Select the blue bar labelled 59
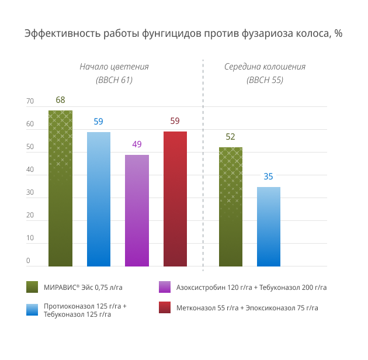coord(99,199)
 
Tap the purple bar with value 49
coord(137,210)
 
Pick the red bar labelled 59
coord(175,199)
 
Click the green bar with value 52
coord(230,207)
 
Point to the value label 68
coord(60,100)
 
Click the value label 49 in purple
coord(137,144)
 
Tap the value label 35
coord(268,176)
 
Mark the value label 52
coord(230,137)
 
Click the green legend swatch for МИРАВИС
coord(32,287)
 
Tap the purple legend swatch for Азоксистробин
coord(165,287)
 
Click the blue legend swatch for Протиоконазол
coord(32,309)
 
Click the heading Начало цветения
coord(114,67)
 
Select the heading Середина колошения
coord(265,67)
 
